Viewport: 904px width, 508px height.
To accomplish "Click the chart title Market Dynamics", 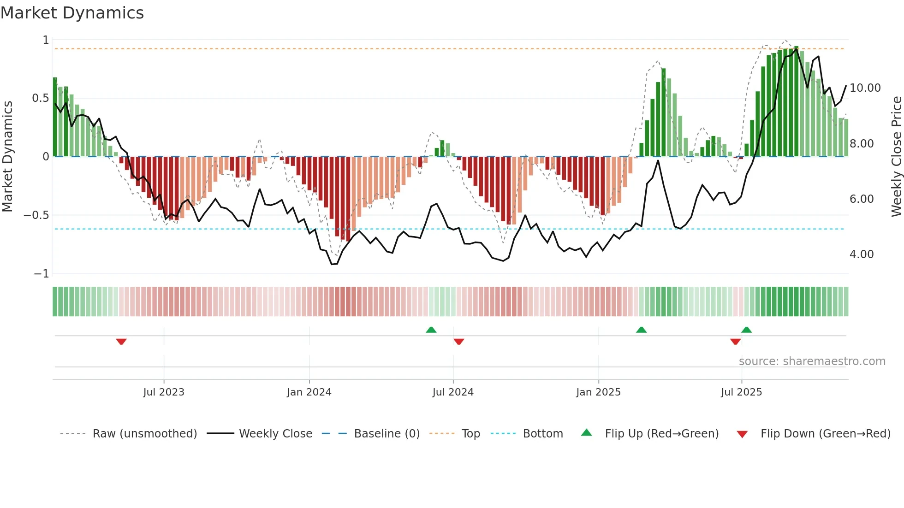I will tap(72, 13).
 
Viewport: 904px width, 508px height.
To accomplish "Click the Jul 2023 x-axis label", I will tap(163, 392).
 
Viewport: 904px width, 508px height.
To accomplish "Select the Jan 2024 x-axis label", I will tap(309, 392).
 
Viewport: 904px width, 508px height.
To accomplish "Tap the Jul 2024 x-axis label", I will tap(453, 392).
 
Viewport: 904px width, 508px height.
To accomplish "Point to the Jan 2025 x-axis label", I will tap(598, 392).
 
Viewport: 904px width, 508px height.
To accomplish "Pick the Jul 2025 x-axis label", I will tap(741, 392).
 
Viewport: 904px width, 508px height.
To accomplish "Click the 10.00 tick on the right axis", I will tap(865, 88).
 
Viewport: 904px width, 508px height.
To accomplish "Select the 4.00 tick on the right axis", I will tap(861, 254).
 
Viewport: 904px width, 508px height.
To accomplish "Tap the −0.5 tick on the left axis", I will tap(36, 215).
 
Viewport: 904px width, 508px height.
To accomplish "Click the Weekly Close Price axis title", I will tap(896, 157).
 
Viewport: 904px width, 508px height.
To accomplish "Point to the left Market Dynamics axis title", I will tap(7, 157).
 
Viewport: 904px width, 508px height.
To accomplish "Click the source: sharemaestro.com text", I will tap(812, 361).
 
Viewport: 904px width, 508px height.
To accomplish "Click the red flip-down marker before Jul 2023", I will tap(121, 341).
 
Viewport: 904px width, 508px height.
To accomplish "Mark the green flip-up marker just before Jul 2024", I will tap(431, 330).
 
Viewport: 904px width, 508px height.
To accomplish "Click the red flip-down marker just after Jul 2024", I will tap(458, 341).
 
